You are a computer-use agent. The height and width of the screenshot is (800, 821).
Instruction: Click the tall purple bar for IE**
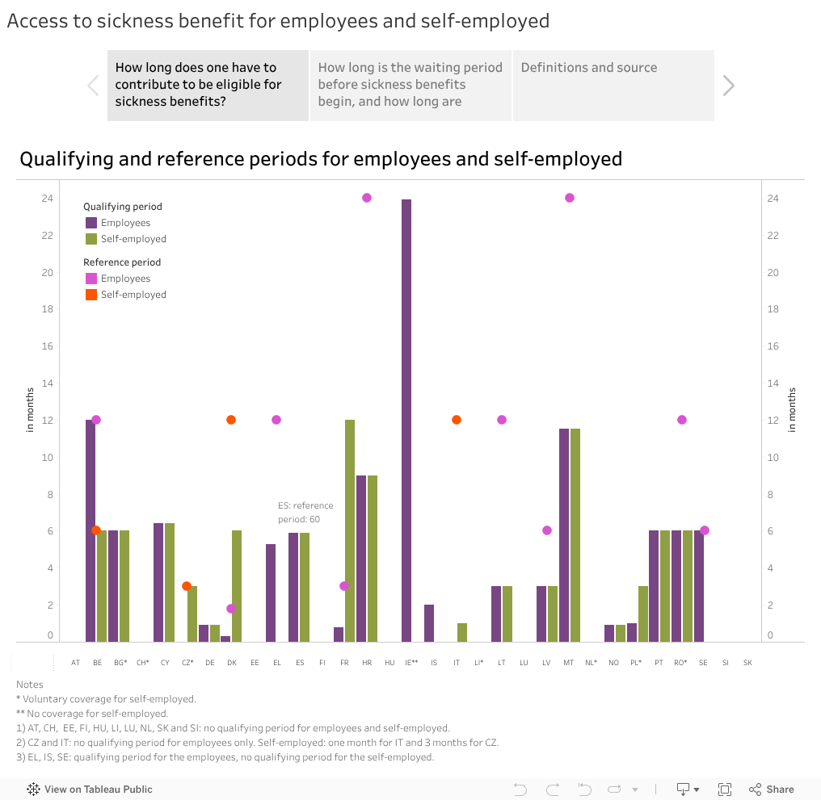pyautogui.click(x=406, y=420)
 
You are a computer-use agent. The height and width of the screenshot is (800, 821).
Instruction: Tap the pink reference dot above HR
pyautogui.click(x=367, y=198)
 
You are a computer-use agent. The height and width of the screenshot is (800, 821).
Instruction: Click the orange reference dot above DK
pyautogui.click(x=231, y=420)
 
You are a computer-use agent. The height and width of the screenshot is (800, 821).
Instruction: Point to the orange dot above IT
pyautogui.click(x=457, y=420)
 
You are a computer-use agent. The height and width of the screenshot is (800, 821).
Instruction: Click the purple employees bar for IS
pyautogui.click(x=429, y=622)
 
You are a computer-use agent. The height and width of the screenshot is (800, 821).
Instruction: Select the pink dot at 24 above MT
pyautogui.click(x=570, y=198)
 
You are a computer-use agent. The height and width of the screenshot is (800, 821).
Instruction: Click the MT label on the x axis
pyautogui.click(x=569, y=663)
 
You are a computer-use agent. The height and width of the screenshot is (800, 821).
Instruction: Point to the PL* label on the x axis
pyautogui.click(x=636, y=663)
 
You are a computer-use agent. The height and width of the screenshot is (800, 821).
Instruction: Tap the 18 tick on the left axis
pyautogui.click(x=48, y=309)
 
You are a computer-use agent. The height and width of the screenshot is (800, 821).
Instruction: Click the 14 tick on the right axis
pyautogui.click(x=773, y=383)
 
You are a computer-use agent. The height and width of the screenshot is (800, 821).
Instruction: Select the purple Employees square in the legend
pyautogui.click(x=91, y=223)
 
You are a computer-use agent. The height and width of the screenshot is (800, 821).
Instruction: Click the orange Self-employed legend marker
pyautogui.click(x=91, y=295)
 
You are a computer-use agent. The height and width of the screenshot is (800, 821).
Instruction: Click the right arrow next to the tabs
pyautogui.click(x=729, y=86)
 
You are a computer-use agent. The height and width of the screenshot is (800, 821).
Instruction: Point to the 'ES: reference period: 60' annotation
pyautogui.click(x=305, y=512)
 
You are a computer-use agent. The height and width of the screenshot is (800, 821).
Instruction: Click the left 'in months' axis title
pyautogui.click(x=31, y=410)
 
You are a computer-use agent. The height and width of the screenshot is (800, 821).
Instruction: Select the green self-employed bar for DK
pyautogui.click(x=237, y=585)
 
